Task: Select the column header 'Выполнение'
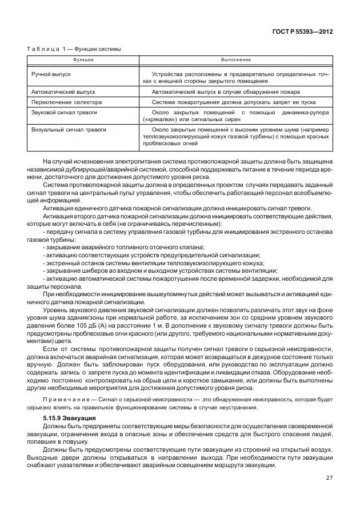(x=236, y=59)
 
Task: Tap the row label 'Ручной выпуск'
(x=51, y=74)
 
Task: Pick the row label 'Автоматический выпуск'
(x=63, y=91)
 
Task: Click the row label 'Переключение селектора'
(x=66, y=102)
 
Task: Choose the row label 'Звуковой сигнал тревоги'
(x=65, y=113)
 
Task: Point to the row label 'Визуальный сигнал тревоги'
(x=68, y=130)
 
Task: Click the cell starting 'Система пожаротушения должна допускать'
(x=237, y=102)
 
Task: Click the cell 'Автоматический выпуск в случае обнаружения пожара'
(x=234, y=91)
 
